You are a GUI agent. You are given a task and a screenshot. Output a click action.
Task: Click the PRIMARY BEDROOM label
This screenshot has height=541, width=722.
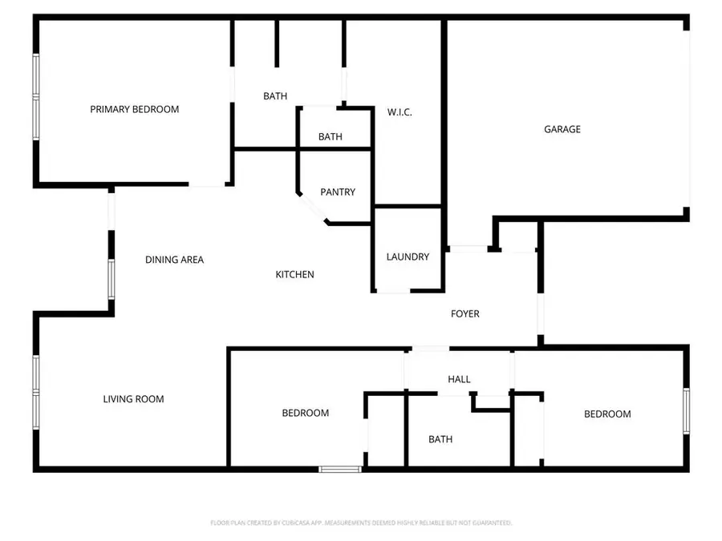click(134, 109)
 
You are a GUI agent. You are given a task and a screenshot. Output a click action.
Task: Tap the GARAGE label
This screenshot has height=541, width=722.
click(562, 129)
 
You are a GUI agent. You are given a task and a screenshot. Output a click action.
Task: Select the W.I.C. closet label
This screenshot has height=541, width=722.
click(400, 112)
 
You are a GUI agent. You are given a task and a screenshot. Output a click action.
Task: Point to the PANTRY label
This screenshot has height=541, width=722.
click(338, 192)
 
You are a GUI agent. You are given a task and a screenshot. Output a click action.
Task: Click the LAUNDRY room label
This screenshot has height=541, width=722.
click(408, 257)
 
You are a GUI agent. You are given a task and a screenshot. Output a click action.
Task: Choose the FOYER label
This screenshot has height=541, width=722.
click(465, 313)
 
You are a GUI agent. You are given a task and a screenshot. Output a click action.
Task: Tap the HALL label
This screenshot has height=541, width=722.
click(460, 379)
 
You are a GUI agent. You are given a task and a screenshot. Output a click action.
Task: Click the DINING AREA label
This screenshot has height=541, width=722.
click(174, 260)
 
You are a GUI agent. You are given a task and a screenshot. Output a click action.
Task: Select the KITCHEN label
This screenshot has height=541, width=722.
click(295, 275)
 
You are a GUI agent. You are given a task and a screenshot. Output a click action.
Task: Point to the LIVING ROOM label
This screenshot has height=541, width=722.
click(133, 399)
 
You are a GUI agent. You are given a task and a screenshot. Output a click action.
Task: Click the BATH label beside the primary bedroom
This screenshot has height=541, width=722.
click(275, 96)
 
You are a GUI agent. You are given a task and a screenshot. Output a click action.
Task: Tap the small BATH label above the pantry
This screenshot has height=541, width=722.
click(331, 137)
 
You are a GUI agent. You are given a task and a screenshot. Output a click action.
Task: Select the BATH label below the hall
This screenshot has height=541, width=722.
click(440, 439)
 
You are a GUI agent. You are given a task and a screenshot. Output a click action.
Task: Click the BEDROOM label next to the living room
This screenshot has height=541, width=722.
click(306, 414)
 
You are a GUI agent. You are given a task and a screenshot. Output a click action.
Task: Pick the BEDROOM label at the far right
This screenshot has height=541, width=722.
click(607, 414)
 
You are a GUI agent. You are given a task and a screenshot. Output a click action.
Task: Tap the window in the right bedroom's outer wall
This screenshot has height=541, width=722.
click(686, 410)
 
